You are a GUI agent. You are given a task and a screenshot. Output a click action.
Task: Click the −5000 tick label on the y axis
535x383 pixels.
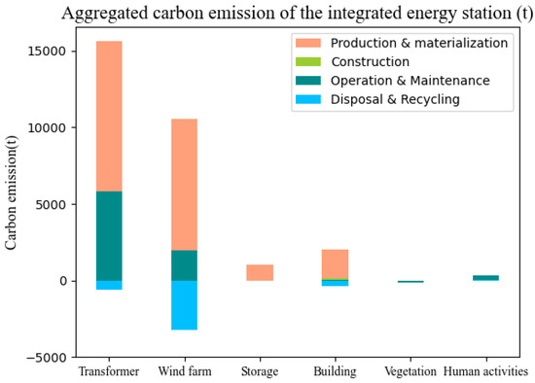[42, 358]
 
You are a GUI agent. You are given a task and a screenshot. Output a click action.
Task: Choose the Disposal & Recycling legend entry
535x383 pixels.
[394, 98]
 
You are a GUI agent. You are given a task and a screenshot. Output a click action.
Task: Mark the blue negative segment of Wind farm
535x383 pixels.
[184, 305]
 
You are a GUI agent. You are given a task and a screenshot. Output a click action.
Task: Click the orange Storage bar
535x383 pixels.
[260, 273]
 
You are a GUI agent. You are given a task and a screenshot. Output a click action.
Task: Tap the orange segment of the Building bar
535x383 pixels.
[335, 263]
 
